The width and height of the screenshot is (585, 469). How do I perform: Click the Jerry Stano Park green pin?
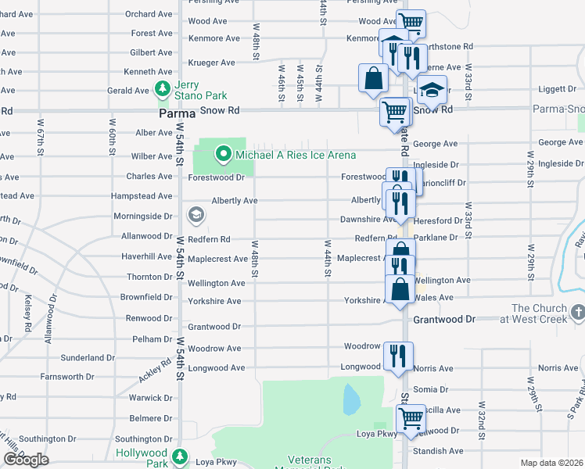point(163,88)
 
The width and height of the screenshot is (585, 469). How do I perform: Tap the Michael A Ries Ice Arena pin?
point(223,153)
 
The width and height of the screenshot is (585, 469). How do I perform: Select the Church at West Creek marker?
point(577,313)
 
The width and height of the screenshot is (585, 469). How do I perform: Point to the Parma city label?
point(176,113)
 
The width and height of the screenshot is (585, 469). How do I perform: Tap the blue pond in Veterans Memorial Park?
point(352,400)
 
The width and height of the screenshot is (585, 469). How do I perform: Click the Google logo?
point(26,460)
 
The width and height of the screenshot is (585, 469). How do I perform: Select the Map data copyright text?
point(551,463)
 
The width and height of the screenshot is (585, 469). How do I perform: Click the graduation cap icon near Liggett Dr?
point(432,91)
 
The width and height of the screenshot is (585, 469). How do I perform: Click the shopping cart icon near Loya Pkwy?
point(411,417)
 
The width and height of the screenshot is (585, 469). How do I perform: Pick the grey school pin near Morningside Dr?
point(195,215)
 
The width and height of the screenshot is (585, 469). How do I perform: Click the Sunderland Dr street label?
point(88,357)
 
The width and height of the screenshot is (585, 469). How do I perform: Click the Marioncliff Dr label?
point(440,183)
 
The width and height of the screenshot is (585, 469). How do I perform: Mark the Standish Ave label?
point(439,451)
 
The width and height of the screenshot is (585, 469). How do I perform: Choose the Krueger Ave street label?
point(211,63)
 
